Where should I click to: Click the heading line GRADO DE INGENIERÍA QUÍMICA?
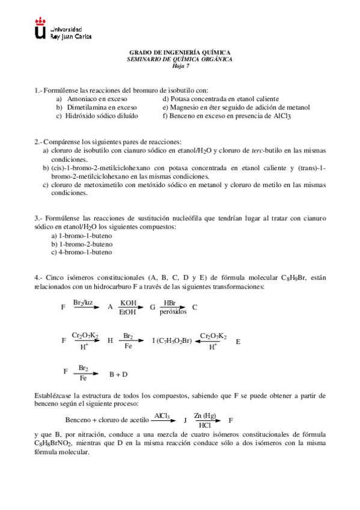coord(180,53)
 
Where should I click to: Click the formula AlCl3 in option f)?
coord(282,116)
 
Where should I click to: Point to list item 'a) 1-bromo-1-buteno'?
coord(82,236)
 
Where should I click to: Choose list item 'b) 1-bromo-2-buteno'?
coord(82,244)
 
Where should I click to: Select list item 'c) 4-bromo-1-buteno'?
coord(82,253)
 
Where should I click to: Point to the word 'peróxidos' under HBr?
coord(172,312)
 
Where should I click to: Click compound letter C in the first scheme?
coord(195,307)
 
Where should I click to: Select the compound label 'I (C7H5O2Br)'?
coord(172,340)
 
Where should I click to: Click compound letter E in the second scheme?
coord(238,341)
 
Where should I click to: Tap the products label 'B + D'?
coord(118,374)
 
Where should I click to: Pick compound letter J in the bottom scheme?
coord(185,420)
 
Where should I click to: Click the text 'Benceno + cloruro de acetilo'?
coord(106,420)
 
